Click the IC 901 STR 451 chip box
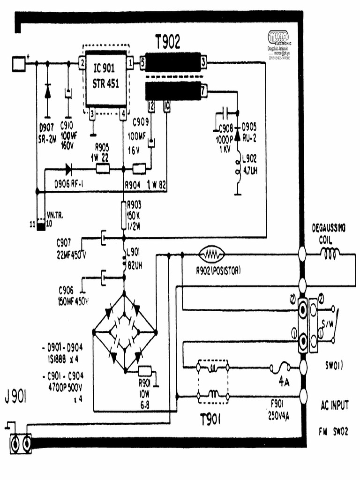(106, 79)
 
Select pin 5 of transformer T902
(142, 62)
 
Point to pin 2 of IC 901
(82, 62)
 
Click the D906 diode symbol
(69, 169)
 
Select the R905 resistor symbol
(103, 169)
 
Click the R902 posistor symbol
(212, 255)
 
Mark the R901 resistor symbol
(144, 371)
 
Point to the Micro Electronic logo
(278, 37)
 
